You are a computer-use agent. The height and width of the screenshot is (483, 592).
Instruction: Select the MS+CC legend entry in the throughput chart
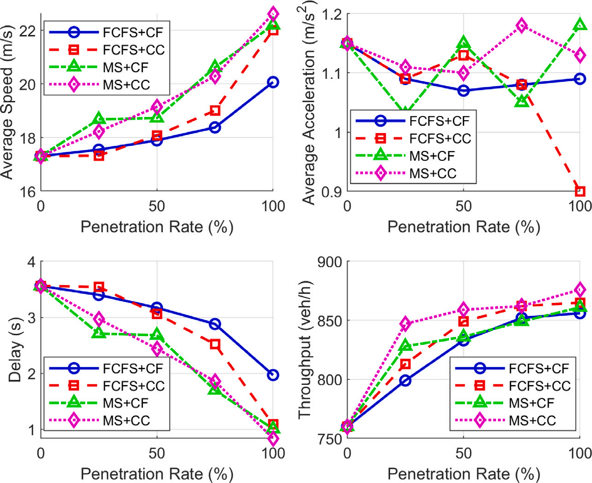(532, 420)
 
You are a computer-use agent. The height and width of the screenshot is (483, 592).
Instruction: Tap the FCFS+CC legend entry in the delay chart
(133, 386)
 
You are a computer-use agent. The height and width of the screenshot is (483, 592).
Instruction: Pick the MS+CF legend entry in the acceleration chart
(432, 156)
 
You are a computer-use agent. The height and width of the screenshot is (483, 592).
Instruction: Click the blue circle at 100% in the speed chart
(273, 82)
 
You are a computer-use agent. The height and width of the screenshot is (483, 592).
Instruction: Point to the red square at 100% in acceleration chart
(580, 191)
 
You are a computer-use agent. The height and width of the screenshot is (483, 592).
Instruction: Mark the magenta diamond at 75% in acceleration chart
(521, 26)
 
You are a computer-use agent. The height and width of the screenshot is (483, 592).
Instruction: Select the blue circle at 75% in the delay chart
(215, 324)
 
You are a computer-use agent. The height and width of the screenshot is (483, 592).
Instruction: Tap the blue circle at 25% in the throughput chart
(405, 380)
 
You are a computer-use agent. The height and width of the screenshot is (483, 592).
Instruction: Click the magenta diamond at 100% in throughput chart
(580, 290)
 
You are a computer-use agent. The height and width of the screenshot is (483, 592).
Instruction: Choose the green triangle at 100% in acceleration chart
(580, 25)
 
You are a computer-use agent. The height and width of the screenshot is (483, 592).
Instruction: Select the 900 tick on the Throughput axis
(330, 262)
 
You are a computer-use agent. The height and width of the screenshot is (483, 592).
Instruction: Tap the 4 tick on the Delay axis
(31, 262)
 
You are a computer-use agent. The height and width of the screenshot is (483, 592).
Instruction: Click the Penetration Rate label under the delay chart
(157, 474)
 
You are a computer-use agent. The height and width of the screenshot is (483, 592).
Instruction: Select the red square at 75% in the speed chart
(215, 111)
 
